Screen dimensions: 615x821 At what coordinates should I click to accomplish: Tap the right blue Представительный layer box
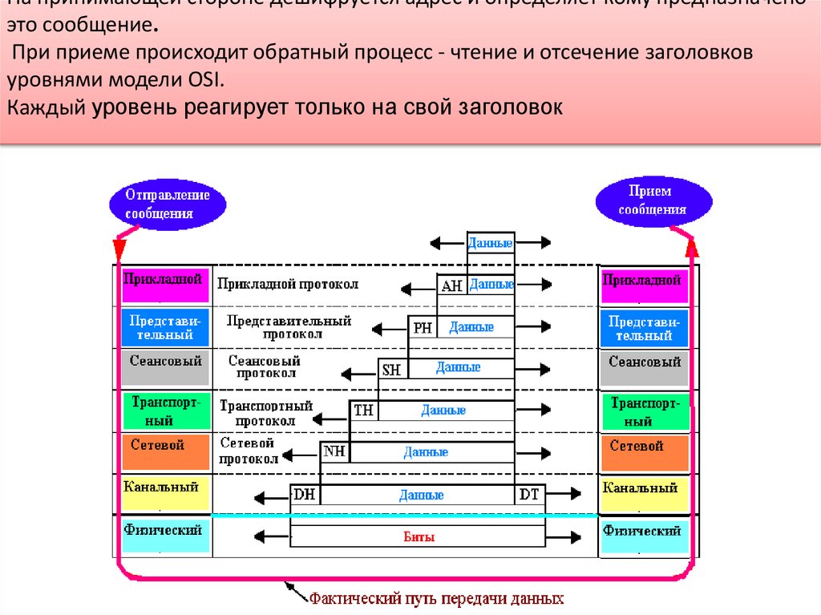644,327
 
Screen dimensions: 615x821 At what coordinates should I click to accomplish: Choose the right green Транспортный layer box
644,411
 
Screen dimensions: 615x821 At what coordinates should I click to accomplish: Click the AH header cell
451,285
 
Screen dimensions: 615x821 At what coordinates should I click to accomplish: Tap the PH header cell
422,327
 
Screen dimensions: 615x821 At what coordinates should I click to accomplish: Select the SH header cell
392,369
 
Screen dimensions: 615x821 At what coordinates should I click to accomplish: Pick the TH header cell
364,411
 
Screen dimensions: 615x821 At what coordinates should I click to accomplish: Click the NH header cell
335,451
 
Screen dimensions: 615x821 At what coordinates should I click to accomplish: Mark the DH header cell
305,495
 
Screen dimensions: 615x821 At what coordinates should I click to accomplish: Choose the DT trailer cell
529,495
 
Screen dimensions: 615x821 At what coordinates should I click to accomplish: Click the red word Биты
419,537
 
